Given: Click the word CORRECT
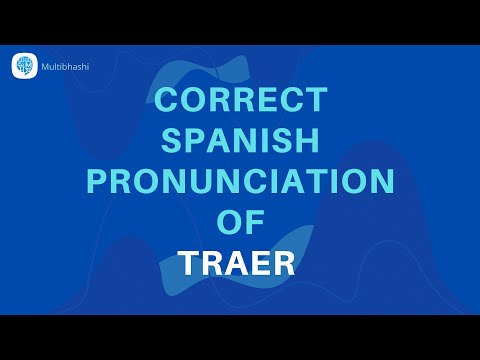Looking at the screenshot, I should (x=239, y=101).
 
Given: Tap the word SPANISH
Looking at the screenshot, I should (x=239, y=141).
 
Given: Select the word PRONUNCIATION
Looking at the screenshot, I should (x=239, y=182).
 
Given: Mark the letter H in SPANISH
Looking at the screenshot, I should (x=309, y=141).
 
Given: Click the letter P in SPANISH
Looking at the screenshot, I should (x=195, y=141).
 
